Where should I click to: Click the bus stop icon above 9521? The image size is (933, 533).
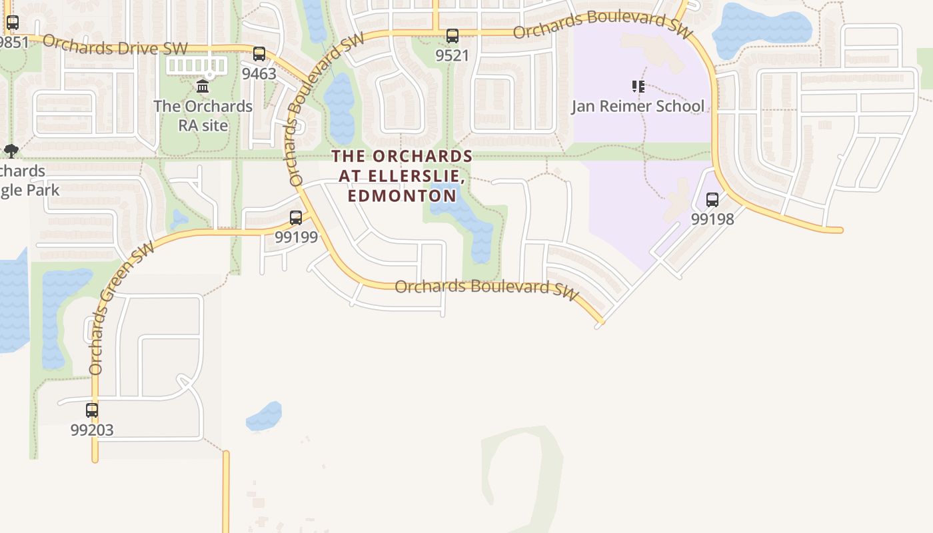coord(453,36)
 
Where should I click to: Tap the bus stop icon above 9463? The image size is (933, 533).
coord(259,54)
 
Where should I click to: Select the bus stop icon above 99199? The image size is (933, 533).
coord(296,217)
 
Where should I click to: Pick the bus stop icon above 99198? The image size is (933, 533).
coord(712,199)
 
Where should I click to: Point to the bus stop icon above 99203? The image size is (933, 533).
coord(92,410)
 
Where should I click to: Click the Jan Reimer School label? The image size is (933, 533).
coord(638,106)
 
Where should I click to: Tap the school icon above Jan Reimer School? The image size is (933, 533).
coord(638,87)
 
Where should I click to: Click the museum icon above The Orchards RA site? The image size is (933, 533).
coord(203,87)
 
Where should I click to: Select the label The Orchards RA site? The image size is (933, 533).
coord(203,115)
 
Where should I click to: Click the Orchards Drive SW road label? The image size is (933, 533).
coord(115,45)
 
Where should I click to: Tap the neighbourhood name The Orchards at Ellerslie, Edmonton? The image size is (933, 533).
coord(403,176)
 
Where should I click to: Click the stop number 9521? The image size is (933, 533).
coord(453,55)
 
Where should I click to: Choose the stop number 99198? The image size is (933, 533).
coord(712,219)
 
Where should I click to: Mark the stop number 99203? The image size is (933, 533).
coord(92,430)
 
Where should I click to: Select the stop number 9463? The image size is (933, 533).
coord(259,73)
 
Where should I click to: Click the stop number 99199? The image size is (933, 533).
coord(296,237)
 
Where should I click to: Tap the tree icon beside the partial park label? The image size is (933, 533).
coord(11,151)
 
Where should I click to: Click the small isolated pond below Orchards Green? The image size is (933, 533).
coord(265,416)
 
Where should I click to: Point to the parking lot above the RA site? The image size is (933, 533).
coord(196,65)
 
